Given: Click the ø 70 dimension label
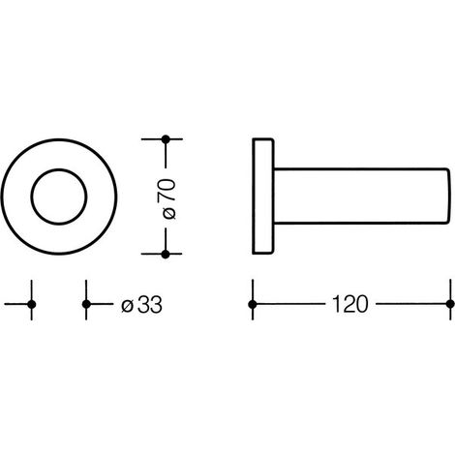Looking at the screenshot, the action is tap(167, 198).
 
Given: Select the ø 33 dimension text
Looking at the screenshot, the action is tap(141, 304).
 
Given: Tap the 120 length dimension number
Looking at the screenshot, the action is tap(350, 304).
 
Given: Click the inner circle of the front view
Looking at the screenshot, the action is tap(59, 168).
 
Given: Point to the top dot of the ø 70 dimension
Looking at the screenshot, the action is tap(166, 139).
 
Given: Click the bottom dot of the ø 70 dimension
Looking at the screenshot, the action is tap(166, 255).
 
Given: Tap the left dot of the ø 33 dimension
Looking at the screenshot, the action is tap(32, 304).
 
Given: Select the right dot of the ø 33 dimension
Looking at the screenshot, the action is tap(86, 304).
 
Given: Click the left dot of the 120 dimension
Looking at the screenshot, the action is tap(253, 304).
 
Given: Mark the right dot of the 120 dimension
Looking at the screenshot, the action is tap(450, 304).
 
